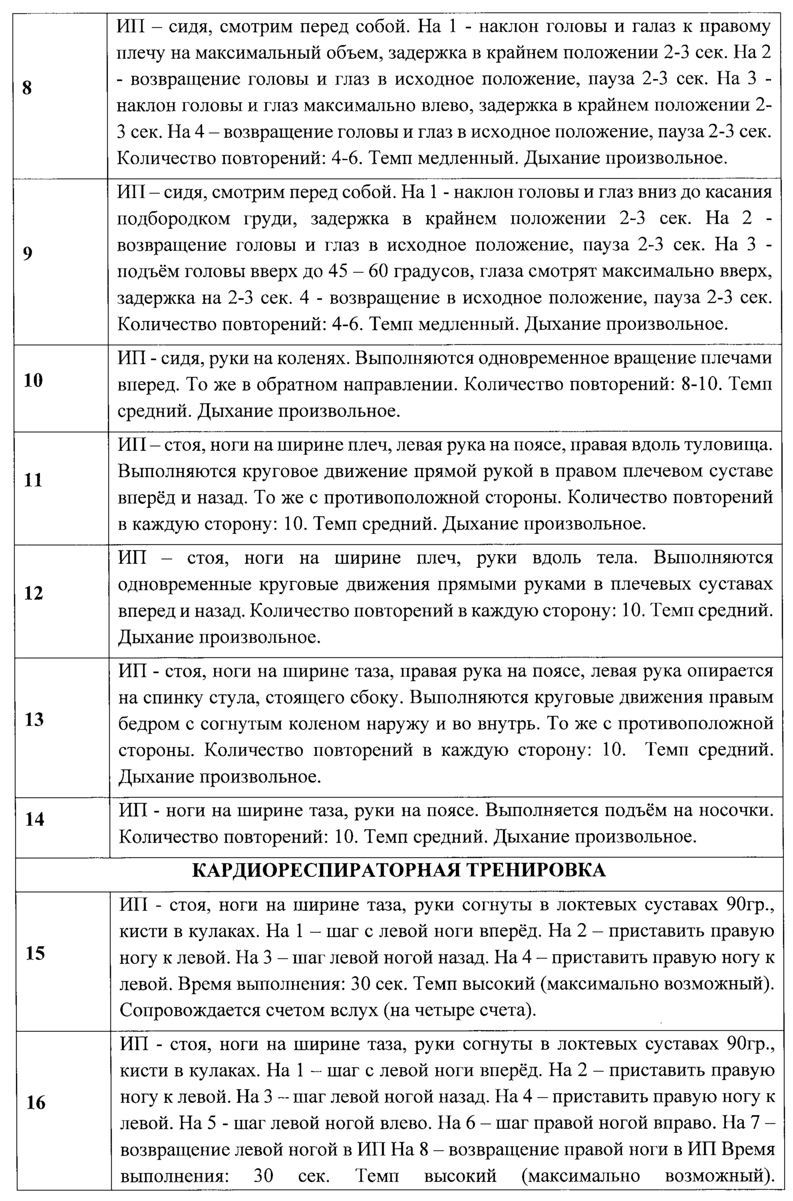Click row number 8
27,88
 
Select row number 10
34,380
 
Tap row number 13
34,719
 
